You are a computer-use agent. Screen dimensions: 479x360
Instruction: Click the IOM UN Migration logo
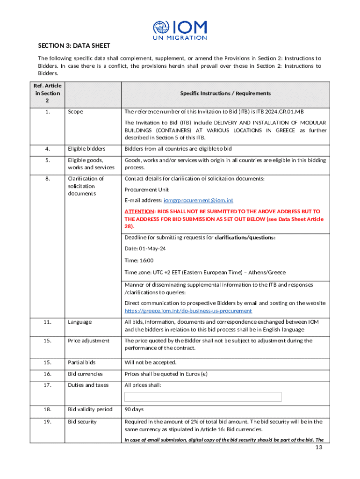(x=180, y=30)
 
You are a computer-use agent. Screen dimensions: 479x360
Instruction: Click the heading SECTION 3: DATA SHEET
(x=74, y=45)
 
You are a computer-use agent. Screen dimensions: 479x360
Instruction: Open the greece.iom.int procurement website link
(x=188, y=311)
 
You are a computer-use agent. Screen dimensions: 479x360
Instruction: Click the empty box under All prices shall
(x=203, y=397)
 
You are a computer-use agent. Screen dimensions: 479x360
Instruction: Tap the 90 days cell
(x=134, y=409)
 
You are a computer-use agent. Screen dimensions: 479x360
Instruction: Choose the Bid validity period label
(x=90, y=409)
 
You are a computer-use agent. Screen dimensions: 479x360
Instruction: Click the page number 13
(x=319, y=448)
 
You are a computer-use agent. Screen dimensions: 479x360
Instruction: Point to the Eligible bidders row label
(x=86, y=149)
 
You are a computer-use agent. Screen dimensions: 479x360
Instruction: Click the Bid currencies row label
(x=85, y=374)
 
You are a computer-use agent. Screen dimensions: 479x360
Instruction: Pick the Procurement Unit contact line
(x=147, y=189)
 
